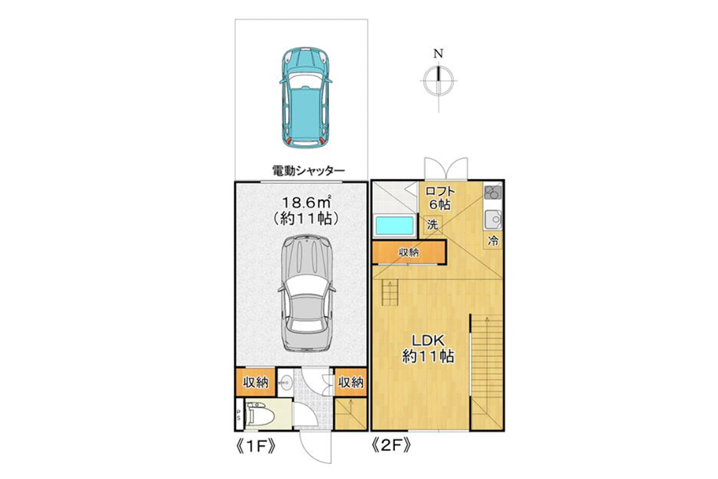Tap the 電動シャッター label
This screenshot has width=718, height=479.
308,170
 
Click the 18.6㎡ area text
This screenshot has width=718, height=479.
302,203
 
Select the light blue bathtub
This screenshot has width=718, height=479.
394,225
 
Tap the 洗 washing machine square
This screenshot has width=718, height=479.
432,225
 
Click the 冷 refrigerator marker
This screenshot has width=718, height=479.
493,239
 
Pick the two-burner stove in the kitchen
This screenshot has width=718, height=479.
493,193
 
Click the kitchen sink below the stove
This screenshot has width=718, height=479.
493,218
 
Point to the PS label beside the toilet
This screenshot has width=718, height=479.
238,417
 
